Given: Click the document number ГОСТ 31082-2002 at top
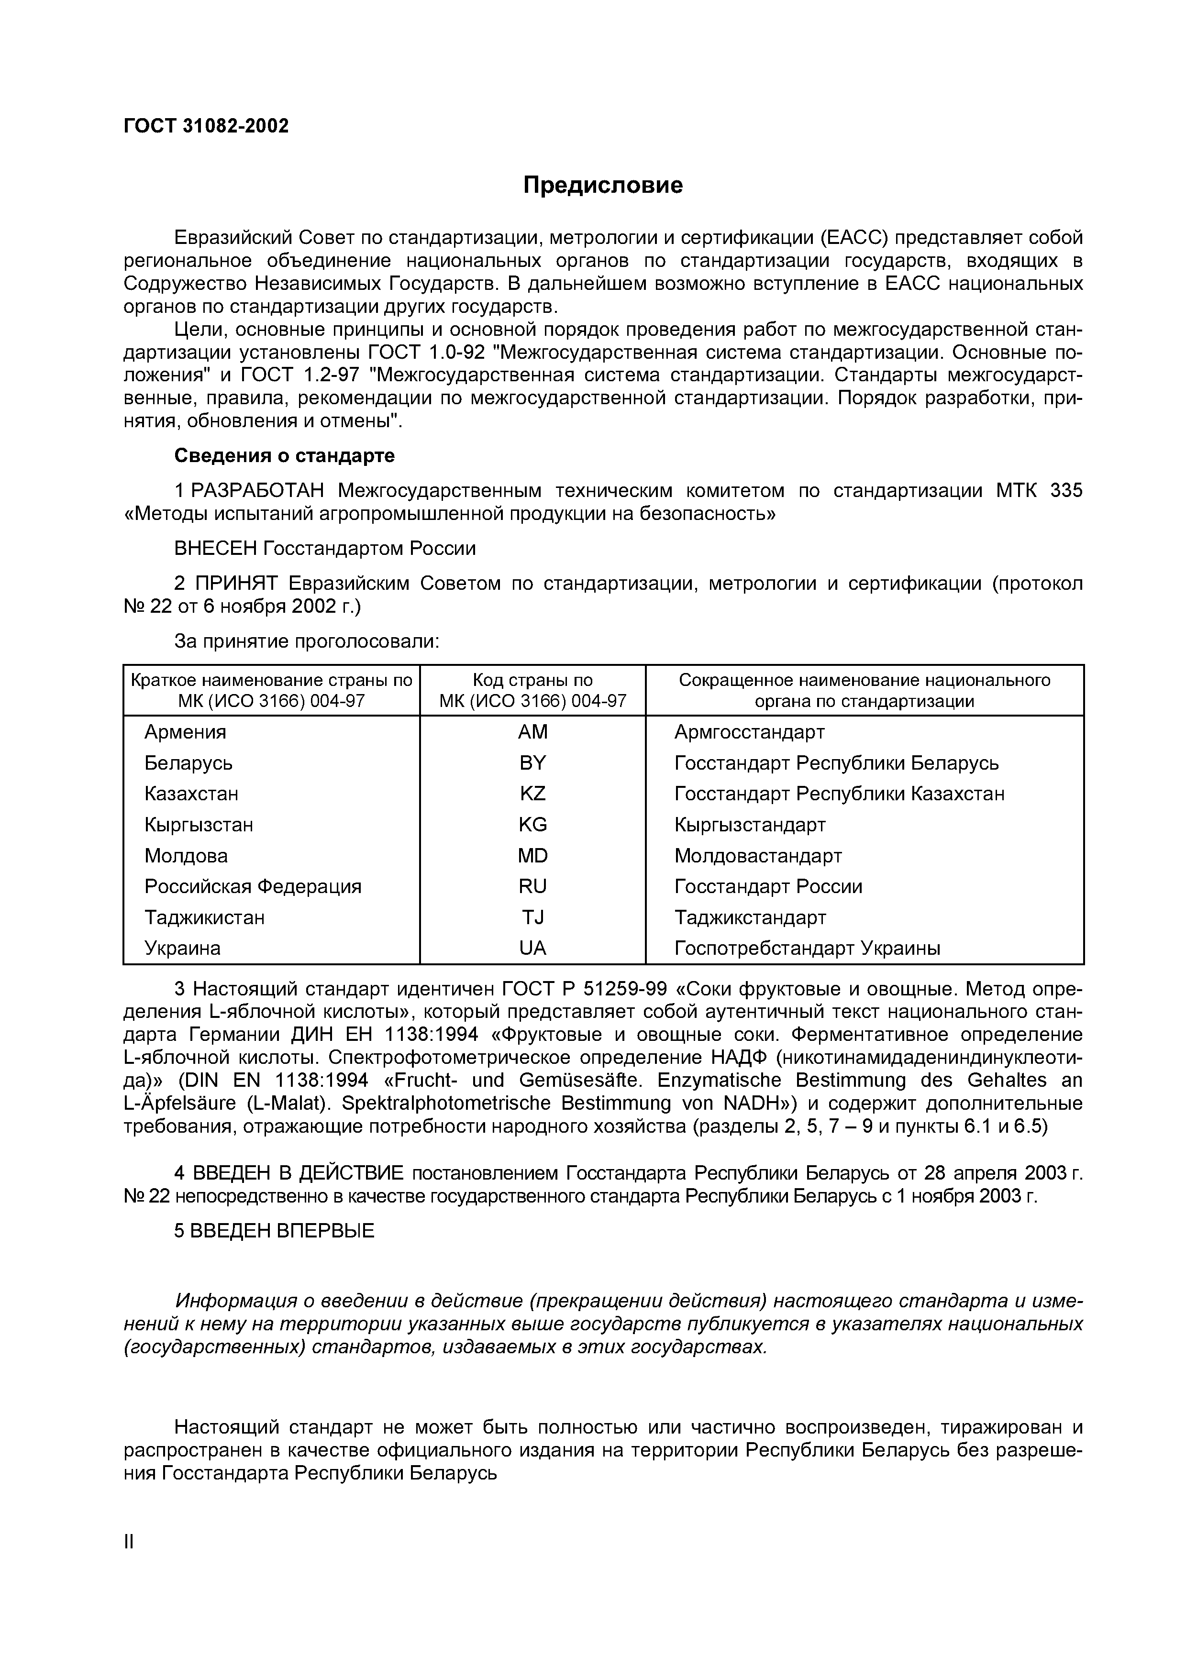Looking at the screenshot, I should point(206,126).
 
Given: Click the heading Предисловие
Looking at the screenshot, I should point(603,186).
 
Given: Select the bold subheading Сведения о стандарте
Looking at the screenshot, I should point(284,456).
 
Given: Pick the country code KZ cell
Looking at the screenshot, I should point(532,794).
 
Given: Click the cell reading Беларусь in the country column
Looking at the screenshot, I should point(188,763).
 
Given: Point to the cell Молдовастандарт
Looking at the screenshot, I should point(758,856).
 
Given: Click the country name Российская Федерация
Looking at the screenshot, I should point(253,886).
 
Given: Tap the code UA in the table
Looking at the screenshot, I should point(532,949).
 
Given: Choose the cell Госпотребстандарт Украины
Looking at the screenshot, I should point(807,949).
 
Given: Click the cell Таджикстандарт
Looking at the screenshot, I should point(750,917).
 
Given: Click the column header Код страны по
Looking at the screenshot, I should point(532,680).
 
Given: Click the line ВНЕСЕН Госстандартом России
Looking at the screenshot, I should point(324,548).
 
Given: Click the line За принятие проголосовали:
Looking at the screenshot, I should point(306,641).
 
